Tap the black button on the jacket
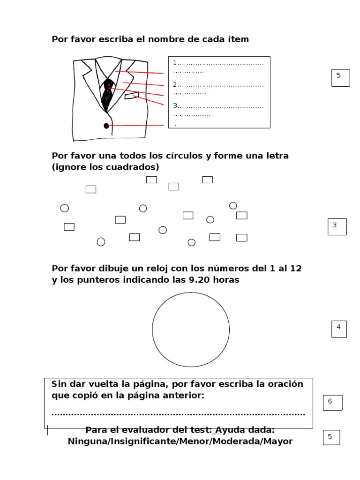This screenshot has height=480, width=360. [106, 126]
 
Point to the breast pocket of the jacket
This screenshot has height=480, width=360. [132, 97]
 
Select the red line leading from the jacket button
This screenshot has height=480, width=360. [136, 126]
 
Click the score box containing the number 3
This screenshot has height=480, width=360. [337, 226]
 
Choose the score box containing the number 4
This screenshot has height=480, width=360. [338, 329]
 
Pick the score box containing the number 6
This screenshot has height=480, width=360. [332, 402]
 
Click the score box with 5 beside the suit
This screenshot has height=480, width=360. [340, 77]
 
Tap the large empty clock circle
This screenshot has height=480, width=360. [191, 330]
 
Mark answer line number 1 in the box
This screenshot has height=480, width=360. [218, 63]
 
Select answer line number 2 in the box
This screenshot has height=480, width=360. [218, 85]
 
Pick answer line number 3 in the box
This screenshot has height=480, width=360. [218, 106]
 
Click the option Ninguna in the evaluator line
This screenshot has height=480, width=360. [87, 441]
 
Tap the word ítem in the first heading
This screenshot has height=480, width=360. [238, 39]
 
